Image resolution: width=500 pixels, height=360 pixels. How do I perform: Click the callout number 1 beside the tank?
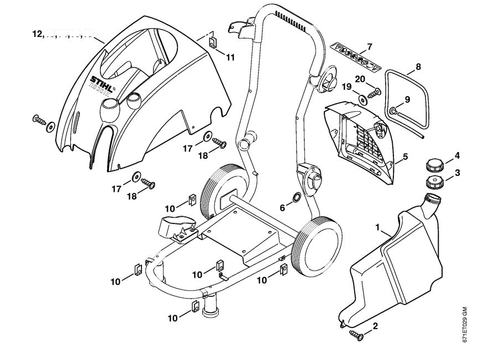click(x=378, y=227)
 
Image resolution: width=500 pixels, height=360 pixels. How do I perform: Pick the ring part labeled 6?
click(x=296, y=197)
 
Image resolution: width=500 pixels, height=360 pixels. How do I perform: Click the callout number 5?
click(x=405, y=158)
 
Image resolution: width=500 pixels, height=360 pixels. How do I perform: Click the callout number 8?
click(x=418, y=67)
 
